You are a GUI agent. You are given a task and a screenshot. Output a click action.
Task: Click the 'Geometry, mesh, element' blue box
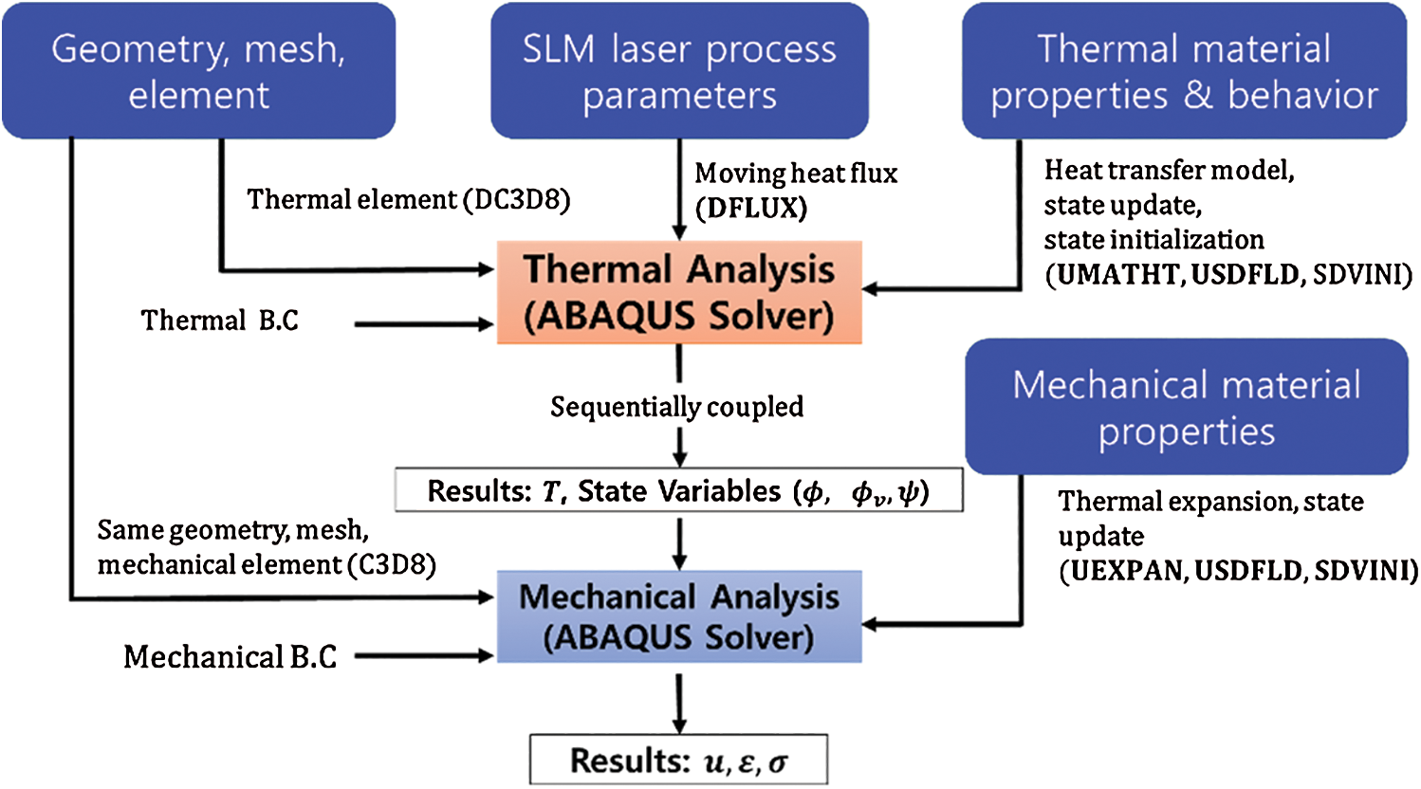[198, 71]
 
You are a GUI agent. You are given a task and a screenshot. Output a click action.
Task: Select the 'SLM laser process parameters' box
[679, 71]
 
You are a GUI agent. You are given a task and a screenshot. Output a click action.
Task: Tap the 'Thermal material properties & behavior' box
[1184, 71]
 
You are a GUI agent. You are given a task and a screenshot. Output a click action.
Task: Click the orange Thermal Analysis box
[679, 292]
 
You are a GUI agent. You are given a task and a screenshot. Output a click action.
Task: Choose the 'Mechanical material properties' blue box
[1186, 407]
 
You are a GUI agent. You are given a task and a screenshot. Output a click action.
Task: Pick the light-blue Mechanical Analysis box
[679, 616]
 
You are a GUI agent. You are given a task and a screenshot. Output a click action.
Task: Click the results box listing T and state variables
[679, 491]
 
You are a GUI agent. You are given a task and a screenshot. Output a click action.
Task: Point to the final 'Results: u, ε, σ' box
[679, 760]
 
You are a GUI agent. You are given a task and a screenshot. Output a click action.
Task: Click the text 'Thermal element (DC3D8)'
[409, 200]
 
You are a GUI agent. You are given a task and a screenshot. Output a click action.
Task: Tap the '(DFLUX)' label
[751, 208]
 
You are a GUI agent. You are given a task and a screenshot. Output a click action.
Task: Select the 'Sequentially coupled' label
[676, 407]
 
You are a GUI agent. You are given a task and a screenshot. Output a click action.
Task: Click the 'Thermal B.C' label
[220, 321]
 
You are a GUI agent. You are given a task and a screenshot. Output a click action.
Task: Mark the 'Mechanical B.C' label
[231, 656]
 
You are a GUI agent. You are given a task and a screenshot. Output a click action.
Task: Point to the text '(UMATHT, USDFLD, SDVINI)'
[1228, 275]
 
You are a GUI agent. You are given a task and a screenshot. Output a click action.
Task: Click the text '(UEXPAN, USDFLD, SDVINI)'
[1238, 571]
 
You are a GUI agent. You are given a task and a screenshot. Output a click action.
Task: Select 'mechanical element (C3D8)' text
[267, 565]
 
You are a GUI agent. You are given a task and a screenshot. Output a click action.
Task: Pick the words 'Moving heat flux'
[796, 174]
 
